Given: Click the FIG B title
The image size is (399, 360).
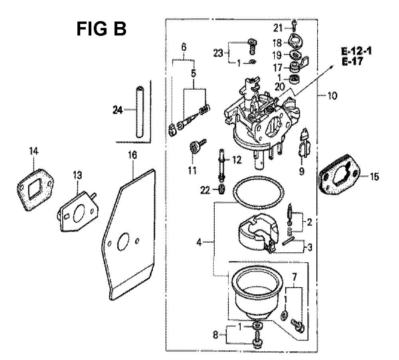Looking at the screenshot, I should coord(101,29).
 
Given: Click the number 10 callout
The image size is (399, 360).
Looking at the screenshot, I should coord(333,96).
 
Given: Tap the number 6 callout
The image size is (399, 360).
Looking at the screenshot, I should coord(184,47).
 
